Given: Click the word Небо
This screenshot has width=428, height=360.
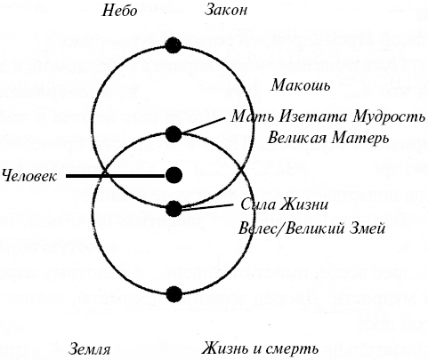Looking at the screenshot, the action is tap(120, 11).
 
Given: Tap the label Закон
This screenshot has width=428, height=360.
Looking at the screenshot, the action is tap(226, 10).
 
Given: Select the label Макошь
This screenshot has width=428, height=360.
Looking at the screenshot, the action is tap(301, 85).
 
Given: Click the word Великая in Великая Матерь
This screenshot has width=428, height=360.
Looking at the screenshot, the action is tap(295, 138).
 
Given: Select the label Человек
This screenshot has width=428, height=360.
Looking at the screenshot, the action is tap(29, 176).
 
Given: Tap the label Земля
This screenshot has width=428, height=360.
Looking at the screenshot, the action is tap(89, 349).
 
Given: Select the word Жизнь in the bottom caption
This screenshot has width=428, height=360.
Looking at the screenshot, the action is tap(226, 348).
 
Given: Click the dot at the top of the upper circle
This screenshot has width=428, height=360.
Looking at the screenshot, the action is tap(174, 45).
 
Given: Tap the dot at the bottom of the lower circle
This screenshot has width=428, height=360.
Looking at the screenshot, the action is tap(174, 294).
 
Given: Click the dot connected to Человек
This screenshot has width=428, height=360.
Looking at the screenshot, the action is tap(174, 175).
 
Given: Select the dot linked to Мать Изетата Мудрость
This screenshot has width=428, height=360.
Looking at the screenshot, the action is tap(174, 134).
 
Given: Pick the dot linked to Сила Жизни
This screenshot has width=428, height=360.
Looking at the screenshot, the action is tap(174, 209).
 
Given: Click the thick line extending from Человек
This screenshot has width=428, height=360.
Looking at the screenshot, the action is tap(115, 176).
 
